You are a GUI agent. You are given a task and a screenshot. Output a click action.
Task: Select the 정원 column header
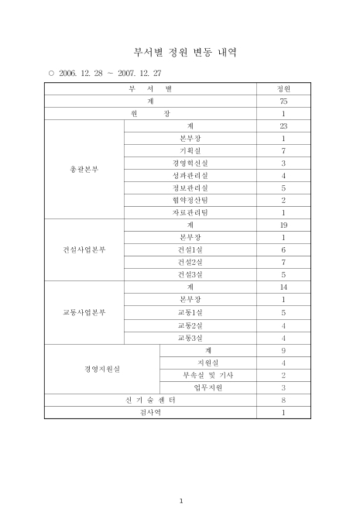tap(283, 89)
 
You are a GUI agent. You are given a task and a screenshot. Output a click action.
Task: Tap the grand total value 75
tap(283, 101)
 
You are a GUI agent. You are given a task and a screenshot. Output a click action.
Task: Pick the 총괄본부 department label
tap(84, 169)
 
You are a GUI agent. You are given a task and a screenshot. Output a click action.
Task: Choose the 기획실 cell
tap(190, 150)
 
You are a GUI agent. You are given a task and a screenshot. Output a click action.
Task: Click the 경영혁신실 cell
tap(190, 163)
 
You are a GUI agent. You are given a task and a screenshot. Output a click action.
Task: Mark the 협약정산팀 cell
tap(190, 200)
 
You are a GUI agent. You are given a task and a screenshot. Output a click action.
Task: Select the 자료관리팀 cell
tap(190, 212)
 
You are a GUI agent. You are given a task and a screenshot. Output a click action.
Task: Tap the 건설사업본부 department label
tap(84, 249)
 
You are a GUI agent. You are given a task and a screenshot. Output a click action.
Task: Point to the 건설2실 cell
tap(190, 262)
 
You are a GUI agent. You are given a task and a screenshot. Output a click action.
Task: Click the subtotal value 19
tap(283, 225)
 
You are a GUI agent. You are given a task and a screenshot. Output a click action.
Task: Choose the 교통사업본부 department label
tap(84, 312)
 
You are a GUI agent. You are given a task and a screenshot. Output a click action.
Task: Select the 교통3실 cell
tap(190, 337)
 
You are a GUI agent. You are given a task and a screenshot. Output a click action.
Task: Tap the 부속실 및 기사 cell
tap(207, 374)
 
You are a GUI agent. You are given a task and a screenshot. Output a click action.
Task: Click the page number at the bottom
tap(180, 500)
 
